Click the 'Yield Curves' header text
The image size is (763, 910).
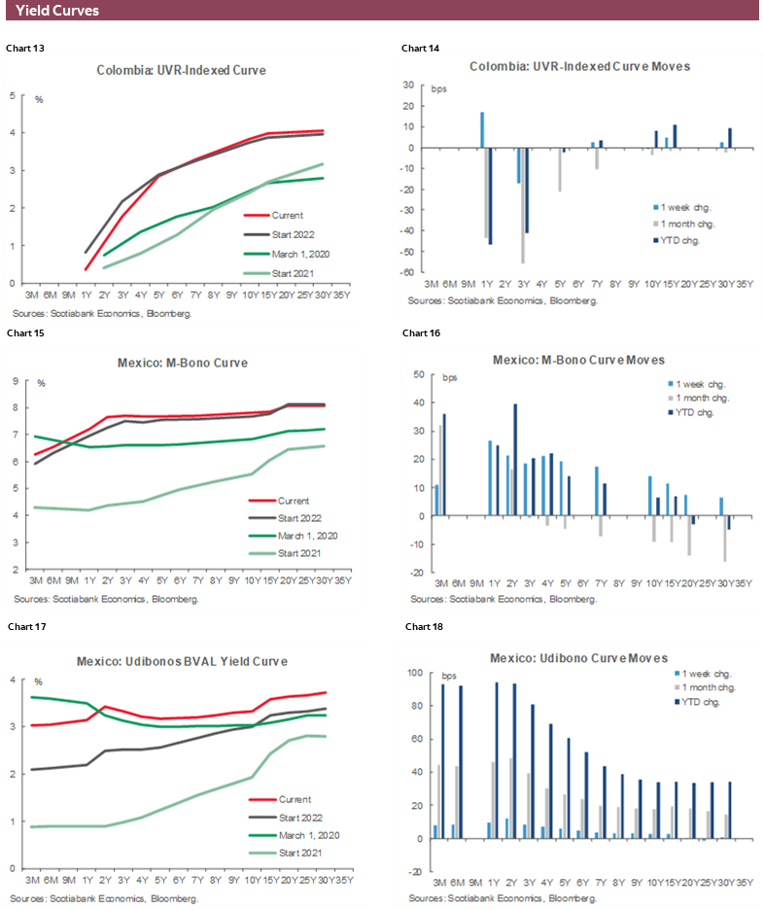56,11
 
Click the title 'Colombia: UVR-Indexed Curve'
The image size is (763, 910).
181,70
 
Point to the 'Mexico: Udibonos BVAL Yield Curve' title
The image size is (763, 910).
182,661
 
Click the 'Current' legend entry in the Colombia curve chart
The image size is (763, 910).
288,215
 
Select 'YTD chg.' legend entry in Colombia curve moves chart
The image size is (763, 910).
681,239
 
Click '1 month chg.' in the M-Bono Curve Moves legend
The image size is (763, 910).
699,398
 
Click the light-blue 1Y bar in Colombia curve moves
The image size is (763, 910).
482,130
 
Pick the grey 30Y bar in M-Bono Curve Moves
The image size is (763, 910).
725,538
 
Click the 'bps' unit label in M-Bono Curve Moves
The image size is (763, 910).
450,376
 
